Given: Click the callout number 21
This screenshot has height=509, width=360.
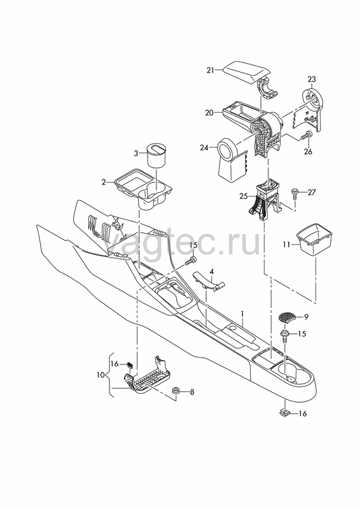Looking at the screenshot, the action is (x=211, y=70).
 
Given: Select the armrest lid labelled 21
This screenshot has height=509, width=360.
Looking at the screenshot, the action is (x=247, y=73).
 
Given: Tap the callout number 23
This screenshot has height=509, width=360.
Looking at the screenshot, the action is (x=312, y=79).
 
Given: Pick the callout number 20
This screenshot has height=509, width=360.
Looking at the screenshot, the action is (x=209, y=113).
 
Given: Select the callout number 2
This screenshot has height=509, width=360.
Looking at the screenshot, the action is (x=104, y=183).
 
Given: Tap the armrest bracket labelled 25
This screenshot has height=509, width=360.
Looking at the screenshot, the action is (x=265, y=200).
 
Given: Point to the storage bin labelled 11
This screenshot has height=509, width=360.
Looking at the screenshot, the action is (x=315, y=239).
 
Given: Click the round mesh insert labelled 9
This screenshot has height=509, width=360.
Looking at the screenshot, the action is (x=288, y=317).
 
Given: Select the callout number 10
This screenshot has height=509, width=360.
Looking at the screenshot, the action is (x=100, y=375).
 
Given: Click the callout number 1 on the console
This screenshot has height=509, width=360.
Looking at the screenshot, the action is (x=242, y=314).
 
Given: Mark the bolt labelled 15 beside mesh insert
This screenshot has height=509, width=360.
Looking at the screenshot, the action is (x=286, y=336).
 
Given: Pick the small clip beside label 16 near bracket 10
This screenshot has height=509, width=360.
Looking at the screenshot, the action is (x=130, y=364).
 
